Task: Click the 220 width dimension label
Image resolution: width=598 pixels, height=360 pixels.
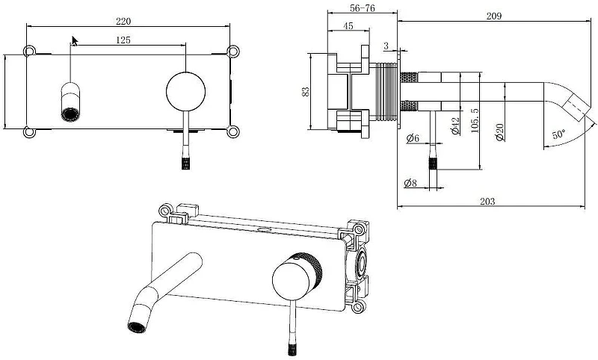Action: pos(123,22)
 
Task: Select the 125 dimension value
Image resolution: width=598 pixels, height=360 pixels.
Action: pos(123,40)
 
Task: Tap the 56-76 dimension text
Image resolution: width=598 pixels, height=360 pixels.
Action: pos(362,8)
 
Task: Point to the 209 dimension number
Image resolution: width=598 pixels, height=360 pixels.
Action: pos(494,16)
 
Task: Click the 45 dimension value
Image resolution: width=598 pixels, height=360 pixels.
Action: pos(348,26)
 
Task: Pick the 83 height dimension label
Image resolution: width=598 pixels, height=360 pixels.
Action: pos(306,91)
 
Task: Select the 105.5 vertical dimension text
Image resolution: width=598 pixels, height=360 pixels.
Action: pos(475,120)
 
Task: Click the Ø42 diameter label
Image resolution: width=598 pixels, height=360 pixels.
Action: pos(455,125)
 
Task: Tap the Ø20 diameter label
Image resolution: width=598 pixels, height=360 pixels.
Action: pos(500,132)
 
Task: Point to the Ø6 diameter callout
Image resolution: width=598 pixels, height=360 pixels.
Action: pos(413,137)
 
